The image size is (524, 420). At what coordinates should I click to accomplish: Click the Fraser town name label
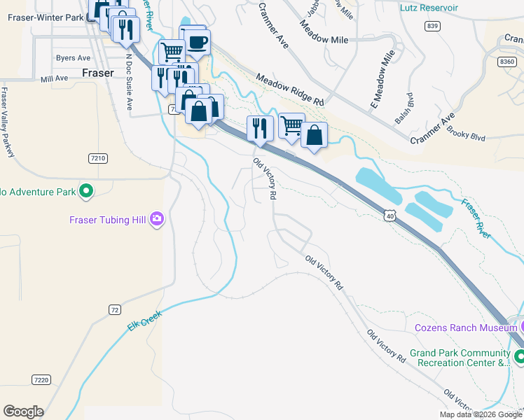(x=98, y=72)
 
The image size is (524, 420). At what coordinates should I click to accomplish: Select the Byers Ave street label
(x=74, y=58)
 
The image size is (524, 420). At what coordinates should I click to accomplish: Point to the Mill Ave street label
(x=55, y=80)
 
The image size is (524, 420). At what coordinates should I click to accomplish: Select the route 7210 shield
(x=98, y=159)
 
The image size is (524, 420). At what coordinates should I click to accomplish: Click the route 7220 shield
(x=41, y=379)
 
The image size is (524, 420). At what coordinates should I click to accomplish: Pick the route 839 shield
(x=432, y=26)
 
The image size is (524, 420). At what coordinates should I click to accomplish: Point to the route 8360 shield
(x=506, y=62)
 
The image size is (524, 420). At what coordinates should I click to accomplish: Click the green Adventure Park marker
(x=86, y=190)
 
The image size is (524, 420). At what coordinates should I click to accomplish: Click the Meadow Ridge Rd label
(x=289, y=90)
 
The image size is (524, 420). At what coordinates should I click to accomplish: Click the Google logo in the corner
(x=23, y=412)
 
